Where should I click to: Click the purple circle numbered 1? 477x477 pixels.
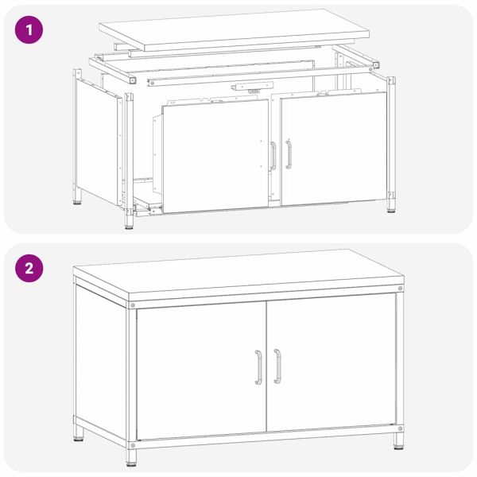29,30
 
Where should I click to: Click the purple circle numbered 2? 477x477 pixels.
29,269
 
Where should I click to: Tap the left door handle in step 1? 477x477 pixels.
273,156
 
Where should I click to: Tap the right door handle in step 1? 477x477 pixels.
289,154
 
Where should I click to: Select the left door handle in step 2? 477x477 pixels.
258,366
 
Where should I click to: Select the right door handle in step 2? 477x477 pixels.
277,366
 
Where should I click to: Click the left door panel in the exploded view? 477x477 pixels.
215,156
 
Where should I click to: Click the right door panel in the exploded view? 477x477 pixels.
334,149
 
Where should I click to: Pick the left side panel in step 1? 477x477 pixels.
98,142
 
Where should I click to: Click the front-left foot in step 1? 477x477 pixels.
130,223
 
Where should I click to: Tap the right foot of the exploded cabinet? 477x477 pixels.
391,205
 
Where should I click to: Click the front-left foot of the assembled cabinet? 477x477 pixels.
131,458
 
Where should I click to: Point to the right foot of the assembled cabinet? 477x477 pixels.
398,441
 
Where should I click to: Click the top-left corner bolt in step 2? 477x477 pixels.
132,304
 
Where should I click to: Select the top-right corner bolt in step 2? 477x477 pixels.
400,288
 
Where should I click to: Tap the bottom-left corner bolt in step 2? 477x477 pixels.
132,445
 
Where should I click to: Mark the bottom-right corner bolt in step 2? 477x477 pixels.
400,429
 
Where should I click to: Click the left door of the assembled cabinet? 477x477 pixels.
201,370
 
